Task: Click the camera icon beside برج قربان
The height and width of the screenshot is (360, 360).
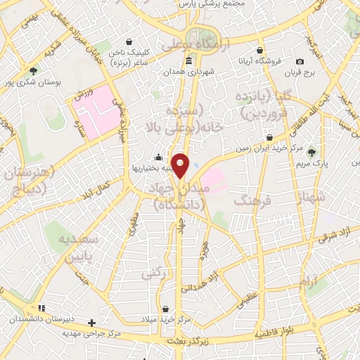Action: point(300,63)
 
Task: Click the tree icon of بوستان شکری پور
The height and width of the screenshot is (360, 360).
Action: point(33,70)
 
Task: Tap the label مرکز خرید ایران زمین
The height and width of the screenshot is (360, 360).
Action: point(271,149)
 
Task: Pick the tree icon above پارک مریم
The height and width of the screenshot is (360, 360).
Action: point(311,152)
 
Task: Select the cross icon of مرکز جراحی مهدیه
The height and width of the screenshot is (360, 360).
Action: point(91,323)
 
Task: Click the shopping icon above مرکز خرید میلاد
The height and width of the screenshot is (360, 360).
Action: point(165,309)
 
